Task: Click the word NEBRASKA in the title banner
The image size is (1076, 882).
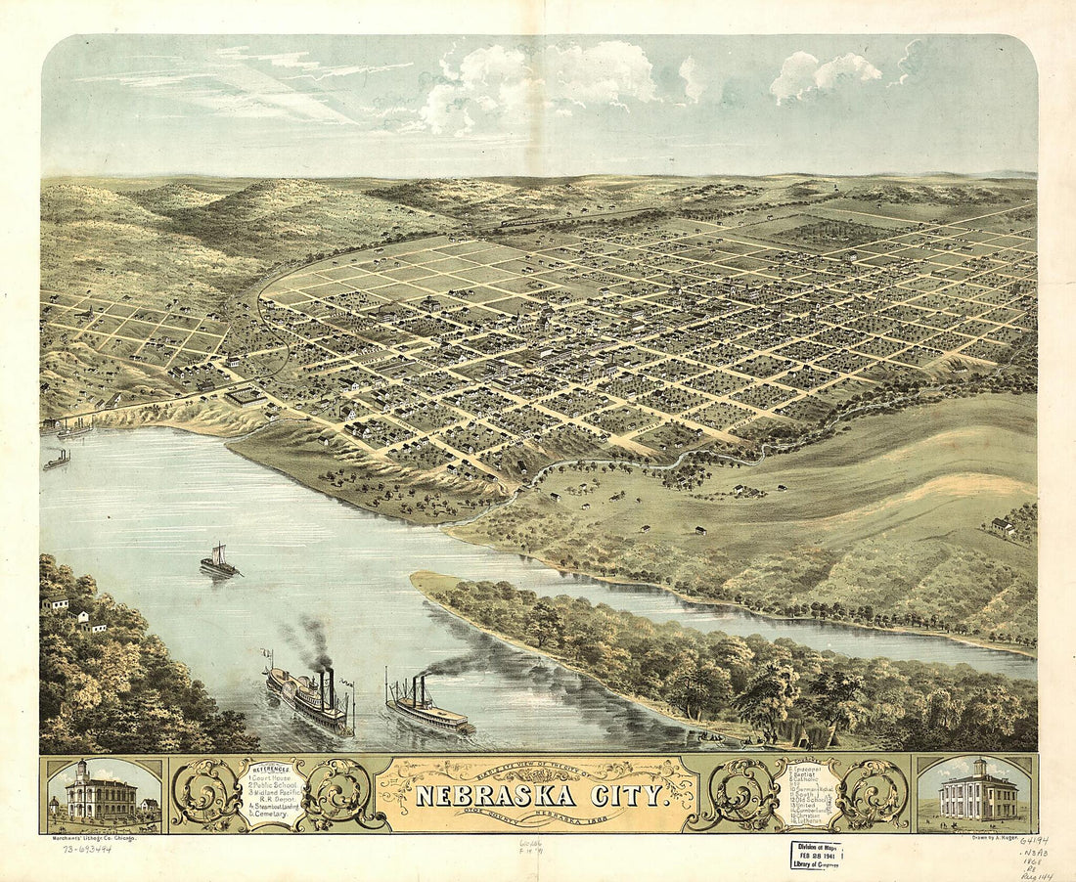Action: [x=498, y=795]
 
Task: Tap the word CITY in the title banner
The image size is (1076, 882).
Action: [x=631, y=795]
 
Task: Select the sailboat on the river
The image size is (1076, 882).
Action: [x=219, y=562]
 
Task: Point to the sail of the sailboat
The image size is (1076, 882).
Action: [x=219, y=554]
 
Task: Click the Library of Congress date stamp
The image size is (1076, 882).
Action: [x=816, y=855]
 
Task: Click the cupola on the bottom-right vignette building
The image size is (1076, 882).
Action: [x=978, y=767]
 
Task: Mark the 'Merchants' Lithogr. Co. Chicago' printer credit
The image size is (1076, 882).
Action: [x=95, y=838]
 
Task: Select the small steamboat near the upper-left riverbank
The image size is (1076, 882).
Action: [x=57, y=460]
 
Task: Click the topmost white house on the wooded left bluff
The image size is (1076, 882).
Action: [x=55, y=602]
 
